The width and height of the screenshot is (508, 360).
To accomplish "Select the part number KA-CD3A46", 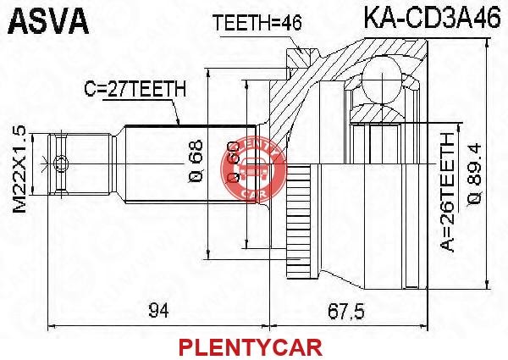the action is point(432,18).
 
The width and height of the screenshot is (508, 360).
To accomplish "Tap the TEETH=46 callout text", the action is point(257,23).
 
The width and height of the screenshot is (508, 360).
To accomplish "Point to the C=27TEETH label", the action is point(135,89).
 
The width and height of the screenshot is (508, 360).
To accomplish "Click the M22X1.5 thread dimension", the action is point(19,169).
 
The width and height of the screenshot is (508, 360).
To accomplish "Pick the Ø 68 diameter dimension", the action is point(196,161).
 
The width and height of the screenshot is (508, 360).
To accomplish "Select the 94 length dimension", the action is point(159,312).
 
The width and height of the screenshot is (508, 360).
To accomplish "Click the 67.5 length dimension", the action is point(346,312).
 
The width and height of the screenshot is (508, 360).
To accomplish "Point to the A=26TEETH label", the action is point(448,193).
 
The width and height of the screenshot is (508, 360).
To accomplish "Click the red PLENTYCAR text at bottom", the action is point(251,347).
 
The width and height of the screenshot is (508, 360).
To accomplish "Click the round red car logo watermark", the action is point(254,170).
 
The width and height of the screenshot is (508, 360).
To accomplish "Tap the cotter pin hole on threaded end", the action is point(60,163).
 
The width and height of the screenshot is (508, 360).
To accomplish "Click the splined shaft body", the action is point(191,164).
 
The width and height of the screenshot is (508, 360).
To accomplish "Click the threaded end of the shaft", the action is point(80,164).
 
